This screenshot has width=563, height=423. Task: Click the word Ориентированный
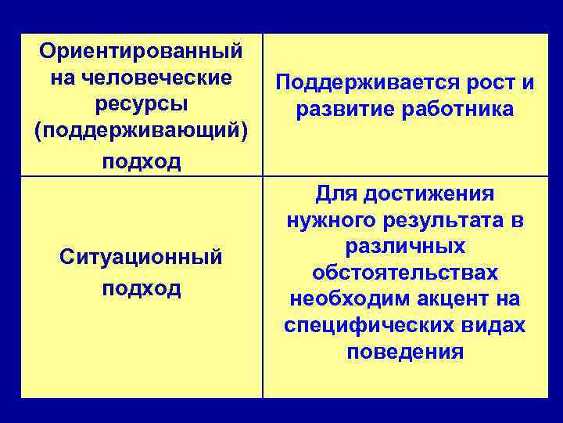142,52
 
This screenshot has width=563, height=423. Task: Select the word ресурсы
142,104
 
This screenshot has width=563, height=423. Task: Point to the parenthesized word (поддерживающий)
142,132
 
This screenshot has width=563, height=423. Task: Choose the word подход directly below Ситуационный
142,287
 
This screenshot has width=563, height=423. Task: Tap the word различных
405,246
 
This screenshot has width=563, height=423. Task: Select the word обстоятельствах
405,273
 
